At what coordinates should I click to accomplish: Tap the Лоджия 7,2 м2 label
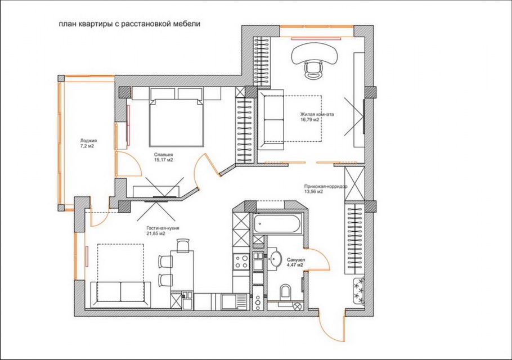87,143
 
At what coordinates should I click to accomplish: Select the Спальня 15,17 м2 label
163,157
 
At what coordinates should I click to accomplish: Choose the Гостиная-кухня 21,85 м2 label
163,231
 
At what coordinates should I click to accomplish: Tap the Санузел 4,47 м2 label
296,263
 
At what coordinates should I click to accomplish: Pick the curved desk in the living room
314,53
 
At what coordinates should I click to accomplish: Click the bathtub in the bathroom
277,223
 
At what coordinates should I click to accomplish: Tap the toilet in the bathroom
286,291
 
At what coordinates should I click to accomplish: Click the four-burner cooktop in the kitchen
241,261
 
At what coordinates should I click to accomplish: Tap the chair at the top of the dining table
182,245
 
